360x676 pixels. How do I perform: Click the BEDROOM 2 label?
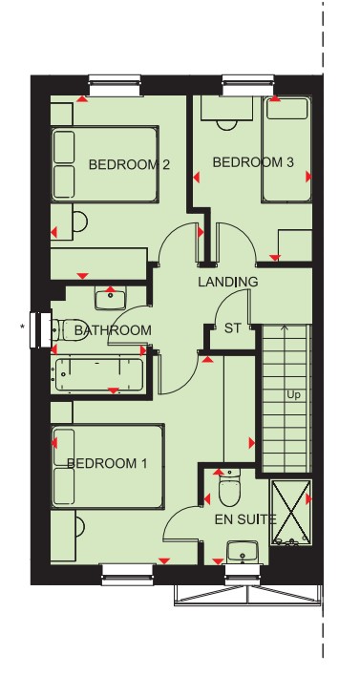tap(129, 164)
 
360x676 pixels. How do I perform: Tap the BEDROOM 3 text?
tap(253, 162)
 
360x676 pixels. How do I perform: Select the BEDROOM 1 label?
tap(107, 463)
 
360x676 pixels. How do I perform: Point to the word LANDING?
tap(228, 282)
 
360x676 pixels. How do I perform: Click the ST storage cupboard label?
tap(233, 328)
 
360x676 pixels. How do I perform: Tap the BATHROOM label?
tap(113, 330)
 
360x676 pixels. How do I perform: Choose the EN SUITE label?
tap(245, 520)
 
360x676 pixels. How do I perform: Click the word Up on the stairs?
tap(293, 395)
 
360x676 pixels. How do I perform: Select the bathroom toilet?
tap(70, 330)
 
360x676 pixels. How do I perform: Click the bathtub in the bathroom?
tap(99, 374)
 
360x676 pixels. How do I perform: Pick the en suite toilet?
tap(228, 490)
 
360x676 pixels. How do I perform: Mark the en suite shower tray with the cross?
tap(290, 512)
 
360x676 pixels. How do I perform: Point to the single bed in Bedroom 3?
tap(287, 149)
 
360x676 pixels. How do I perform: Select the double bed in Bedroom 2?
tap(105, 164)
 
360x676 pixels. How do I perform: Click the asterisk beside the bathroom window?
tap(22, 327)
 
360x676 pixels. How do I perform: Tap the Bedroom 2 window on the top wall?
tap(115, 85)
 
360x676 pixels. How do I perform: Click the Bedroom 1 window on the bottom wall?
tap(128, 574)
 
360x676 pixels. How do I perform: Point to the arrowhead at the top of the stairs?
tap(285, 327)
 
